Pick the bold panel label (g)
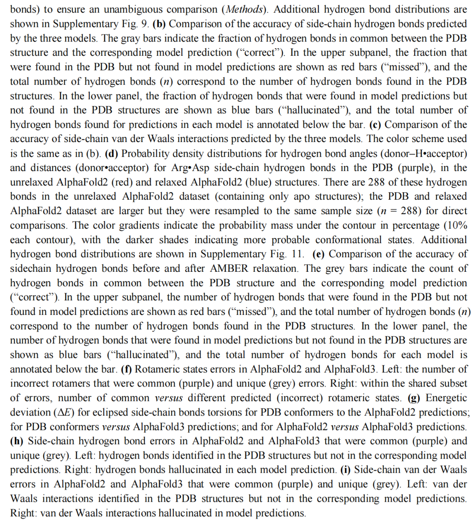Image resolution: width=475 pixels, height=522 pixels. click(414, 398)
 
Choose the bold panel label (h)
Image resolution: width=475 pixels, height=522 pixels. click(17, 441)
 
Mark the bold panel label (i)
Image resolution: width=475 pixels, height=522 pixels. click(346, 470)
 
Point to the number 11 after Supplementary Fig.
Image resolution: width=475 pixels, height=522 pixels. click(297, 254)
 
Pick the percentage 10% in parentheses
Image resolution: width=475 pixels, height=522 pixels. click(454, 225)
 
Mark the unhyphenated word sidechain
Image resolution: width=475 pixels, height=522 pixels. click(31, 268)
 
